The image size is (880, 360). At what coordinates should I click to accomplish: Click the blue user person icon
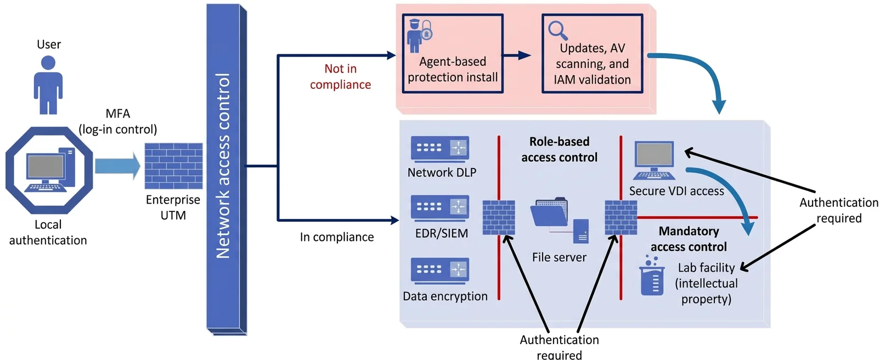point(48,85)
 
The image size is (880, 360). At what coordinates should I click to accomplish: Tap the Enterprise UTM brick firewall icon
point(174,166)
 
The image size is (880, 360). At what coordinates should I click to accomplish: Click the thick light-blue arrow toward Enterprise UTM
point(118,166)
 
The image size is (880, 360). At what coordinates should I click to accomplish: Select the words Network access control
point(223,166)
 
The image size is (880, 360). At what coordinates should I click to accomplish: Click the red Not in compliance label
point(340,77)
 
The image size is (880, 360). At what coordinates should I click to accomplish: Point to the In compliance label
point(337,237)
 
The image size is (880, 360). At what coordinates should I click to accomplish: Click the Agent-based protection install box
point(453,53)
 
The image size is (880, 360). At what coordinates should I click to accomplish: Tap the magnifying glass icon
point(558,30)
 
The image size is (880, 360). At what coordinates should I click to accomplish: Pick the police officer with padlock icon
point(420,36)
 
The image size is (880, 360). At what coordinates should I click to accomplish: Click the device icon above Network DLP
point(440,149)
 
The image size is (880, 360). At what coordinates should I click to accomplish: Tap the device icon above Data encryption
point(440,271)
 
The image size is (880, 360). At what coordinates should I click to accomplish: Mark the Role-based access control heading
point(559,149)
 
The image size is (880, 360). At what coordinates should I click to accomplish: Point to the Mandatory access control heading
point(689,239)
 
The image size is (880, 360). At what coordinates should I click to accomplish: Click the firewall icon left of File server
point(499,218)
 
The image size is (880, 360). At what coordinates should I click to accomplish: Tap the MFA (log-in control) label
point(118,121)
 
